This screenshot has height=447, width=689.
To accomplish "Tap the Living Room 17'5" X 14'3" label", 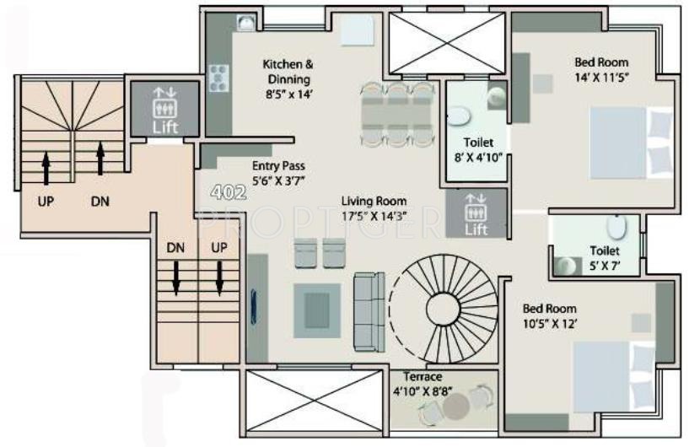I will [x=374, y=208].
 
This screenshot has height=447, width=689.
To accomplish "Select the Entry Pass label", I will [x=277, y=173].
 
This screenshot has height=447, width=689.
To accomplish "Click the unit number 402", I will [x=228, y=192].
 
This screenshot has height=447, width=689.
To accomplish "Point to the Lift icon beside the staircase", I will [x=165, y=110].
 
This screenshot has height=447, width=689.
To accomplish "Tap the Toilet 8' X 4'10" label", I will [x=477, y=149].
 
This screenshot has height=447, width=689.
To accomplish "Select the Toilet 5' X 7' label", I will [x=605, y=257].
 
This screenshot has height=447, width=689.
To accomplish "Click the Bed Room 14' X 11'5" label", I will [x=601, y=69].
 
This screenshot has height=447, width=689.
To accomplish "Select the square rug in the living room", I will [x=317, y=304].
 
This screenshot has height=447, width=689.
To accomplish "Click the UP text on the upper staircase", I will [x=45, y=202].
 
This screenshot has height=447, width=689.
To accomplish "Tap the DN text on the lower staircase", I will [x=175, y=248].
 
